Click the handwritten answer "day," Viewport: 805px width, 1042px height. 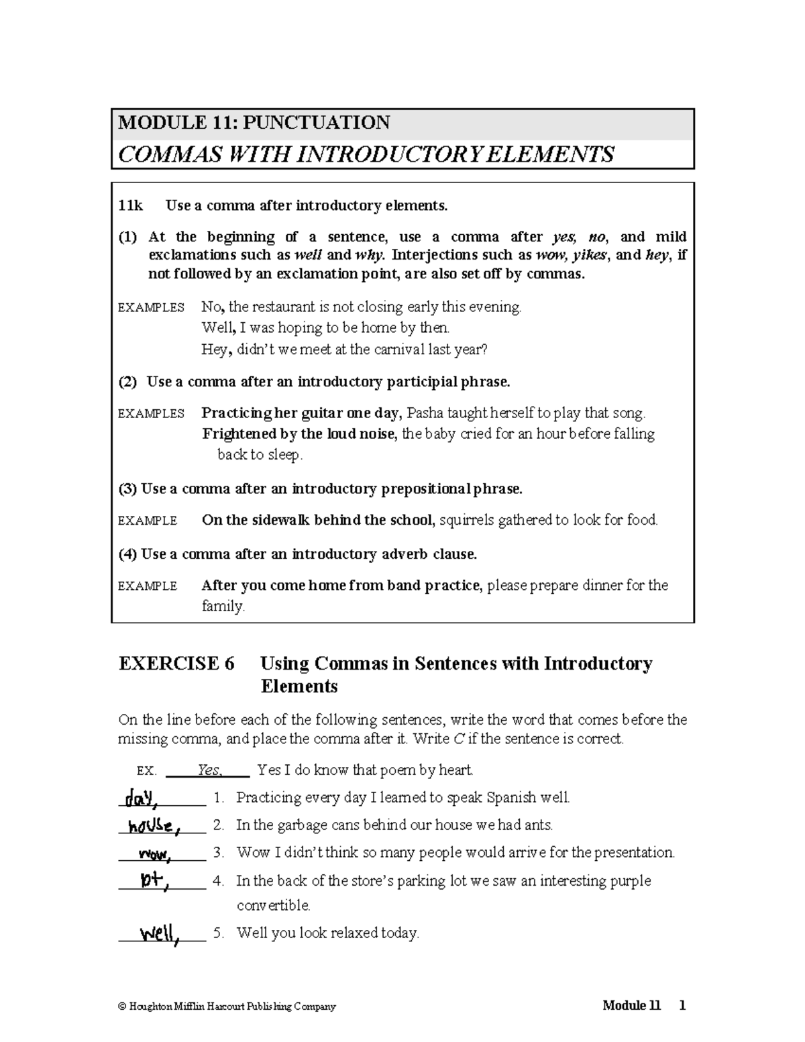(x=139, y=798)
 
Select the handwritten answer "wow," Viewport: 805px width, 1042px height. (x=154, y=854)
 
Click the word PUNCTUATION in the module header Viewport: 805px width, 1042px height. (x=316, y=123)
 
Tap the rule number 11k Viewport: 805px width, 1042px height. (x=130, y=206)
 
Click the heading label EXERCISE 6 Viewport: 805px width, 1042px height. (x=176, y=664)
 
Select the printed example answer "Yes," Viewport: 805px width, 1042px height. (x=209, y=770)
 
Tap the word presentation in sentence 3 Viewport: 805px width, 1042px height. (x=633, y=853)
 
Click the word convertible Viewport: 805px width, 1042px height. (x=274, y=905)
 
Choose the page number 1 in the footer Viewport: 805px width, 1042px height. (x=682, y=1005)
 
